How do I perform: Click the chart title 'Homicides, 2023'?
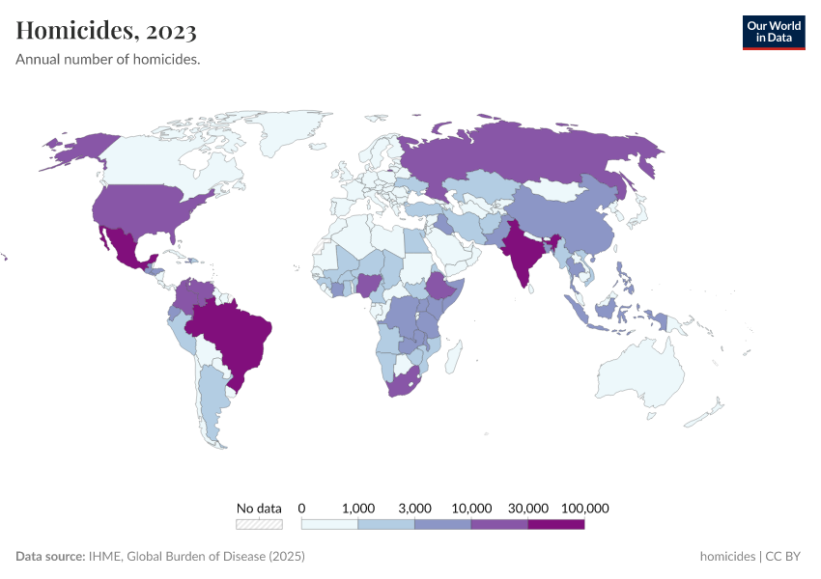click(106, 31)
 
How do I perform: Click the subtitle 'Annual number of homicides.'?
click(108, 60)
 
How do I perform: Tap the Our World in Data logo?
click(773, 32)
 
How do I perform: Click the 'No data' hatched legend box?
click(259, 525)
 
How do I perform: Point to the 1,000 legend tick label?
click(358, 508)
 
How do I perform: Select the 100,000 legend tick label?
click(584, 508)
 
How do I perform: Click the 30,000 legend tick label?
click(528, 508)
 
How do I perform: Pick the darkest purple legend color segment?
click(556, 525)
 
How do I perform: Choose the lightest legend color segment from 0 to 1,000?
click(329, 525)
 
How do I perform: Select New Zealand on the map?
click(710, 413)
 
